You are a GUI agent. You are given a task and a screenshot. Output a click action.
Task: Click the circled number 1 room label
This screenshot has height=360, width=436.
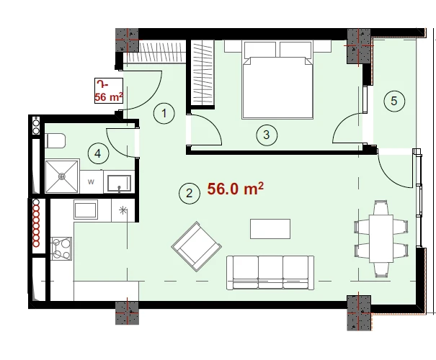tap(164, 113)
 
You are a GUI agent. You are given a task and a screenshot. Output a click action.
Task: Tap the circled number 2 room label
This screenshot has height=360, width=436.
tap(190, 194)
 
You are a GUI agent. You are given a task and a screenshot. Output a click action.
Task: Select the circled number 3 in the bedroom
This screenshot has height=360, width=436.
tap(267, 135)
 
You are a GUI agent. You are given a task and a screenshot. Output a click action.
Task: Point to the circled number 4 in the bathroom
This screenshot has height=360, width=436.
tap(98, 153)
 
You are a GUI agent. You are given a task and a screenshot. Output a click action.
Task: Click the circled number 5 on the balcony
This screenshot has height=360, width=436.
tap(394, 101)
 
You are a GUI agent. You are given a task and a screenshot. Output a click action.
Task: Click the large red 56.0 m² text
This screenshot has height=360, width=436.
tap(235, 189)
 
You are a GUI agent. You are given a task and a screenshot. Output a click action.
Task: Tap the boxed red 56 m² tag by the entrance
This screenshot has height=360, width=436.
tap(109, 91)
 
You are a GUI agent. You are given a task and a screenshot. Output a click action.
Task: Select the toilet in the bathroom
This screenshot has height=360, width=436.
tap(55, 140)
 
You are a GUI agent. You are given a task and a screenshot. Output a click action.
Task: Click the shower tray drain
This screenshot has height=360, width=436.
tap(62, 176)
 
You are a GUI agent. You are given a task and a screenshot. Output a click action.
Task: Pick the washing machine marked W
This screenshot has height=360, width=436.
tap(92, 182)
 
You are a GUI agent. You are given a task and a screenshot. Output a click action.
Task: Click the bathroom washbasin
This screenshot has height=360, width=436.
tap(120, 183)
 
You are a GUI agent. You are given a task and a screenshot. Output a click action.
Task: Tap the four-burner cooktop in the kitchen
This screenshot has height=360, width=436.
tap(61, 248)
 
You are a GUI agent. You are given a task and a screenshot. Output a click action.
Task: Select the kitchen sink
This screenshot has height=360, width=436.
tap(86, 210)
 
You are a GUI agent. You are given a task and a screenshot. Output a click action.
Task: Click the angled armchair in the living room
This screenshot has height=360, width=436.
tap(197, 246)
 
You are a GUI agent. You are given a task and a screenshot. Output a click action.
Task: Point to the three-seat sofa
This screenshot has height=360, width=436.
tap(270, 273)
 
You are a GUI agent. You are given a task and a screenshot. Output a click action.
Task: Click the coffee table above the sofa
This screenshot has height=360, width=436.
tap(270, 229)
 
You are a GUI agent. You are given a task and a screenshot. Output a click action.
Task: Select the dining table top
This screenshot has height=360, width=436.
tap(381, 238)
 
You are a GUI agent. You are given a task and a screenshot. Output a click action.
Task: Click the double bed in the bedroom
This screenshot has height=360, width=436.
tap(277, 80)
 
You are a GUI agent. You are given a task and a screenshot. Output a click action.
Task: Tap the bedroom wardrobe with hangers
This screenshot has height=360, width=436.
tap(203, 73)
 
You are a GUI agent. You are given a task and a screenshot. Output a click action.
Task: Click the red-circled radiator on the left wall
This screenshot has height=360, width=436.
tap(36, 223)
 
